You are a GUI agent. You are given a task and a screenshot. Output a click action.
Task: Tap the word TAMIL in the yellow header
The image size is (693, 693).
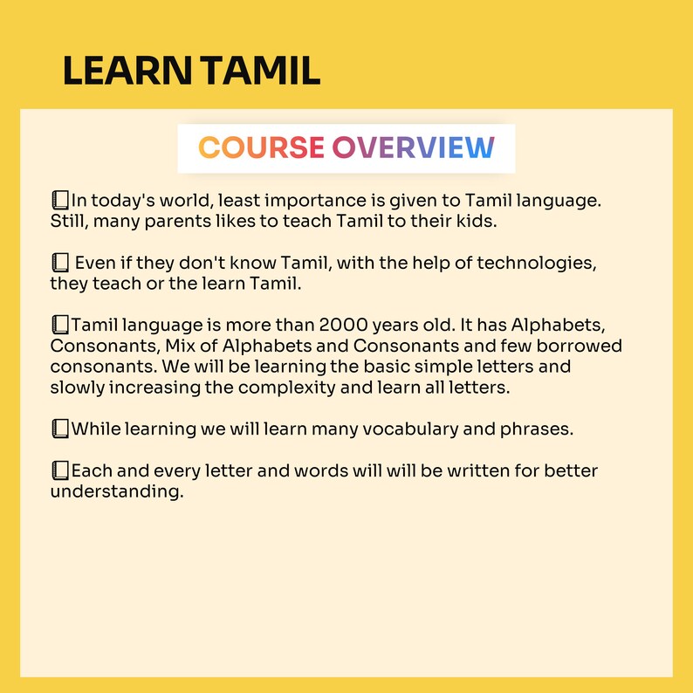point(259,72)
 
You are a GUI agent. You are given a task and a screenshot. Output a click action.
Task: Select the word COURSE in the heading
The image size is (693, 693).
point(261,148)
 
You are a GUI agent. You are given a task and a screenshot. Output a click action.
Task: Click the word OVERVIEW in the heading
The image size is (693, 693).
point(413,148)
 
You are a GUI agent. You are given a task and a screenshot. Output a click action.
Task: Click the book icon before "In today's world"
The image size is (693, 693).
point(60,200)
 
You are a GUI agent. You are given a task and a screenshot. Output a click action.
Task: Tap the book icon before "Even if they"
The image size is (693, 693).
point(60,262)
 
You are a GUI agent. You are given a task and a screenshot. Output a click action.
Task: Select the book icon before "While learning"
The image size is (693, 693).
point(60,429)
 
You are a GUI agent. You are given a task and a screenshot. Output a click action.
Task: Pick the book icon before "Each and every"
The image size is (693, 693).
point(60,471)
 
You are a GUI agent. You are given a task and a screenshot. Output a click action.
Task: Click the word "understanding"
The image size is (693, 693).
point(116,492)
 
